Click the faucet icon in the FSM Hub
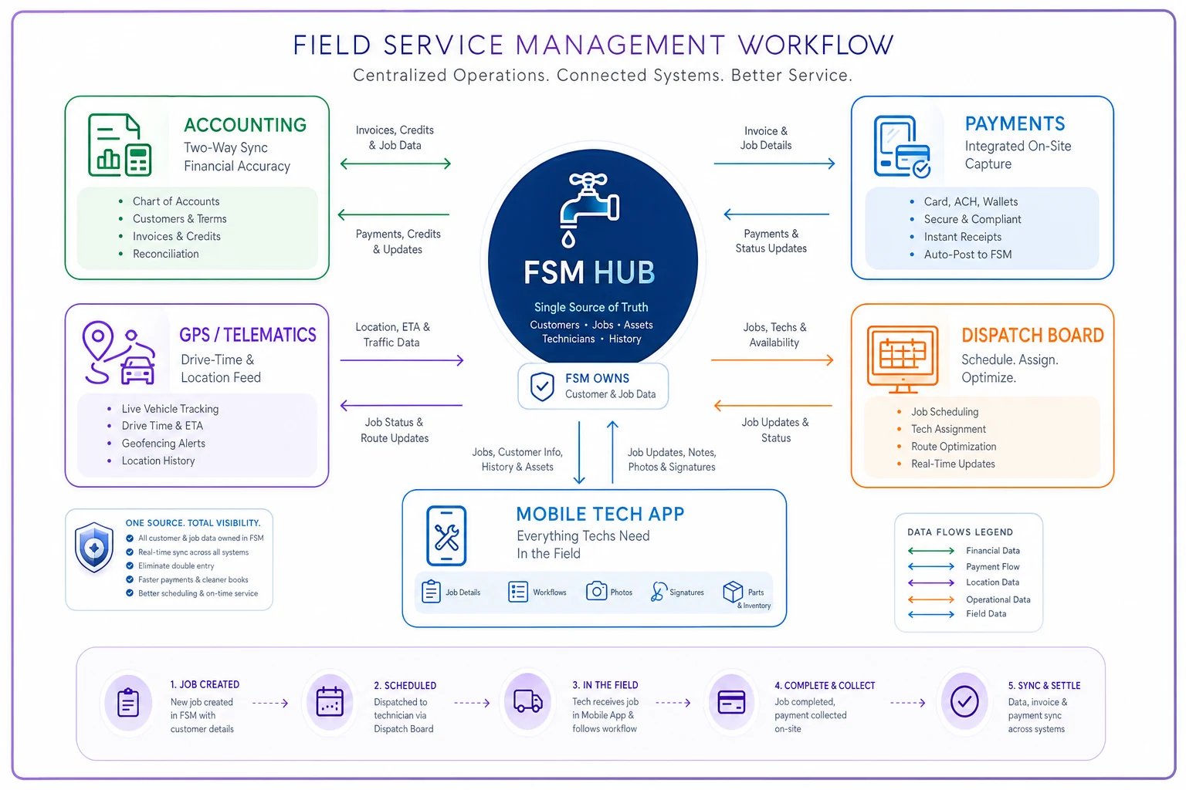[x=589, y=210]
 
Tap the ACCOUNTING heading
[x=245, y=125]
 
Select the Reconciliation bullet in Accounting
[x=166, y=254]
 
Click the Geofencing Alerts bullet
[x=163, y=444]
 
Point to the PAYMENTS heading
[x=1015, y=123]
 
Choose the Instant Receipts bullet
[x=963, y=237]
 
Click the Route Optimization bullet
[x=954, y=447]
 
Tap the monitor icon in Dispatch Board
[x=903, y=360]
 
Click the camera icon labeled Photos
[x=596, y=590]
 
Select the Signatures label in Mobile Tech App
[x=686, y=592]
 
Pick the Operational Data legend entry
[x=998, y=599]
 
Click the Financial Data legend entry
[x=993, y=551]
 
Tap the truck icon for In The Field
[x=528, y=702]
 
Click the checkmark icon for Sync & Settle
[x=964, y=702]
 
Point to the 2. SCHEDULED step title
[x=405, y=686]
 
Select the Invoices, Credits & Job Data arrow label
[x=395, y=137]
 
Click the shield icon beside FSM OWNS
[x=542, y=387]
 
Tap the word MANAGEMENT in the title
[x=620, y=45]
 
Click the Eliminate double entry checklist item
[x=176, y=566]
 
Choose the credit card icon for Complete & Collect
[x=731, y=702]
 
